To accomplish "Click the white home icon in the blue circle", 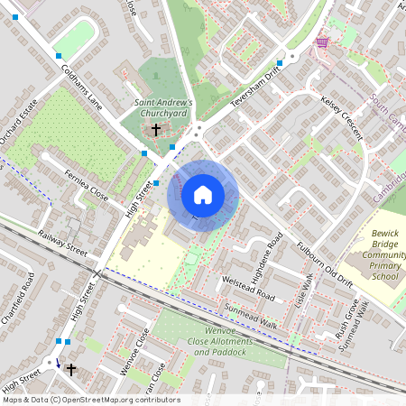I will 203,194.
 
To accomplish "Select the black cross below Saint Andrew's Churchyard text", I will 155,130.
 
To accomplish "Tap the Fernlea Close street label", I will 87,184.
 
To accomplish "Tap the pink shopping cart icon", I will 322,42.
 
